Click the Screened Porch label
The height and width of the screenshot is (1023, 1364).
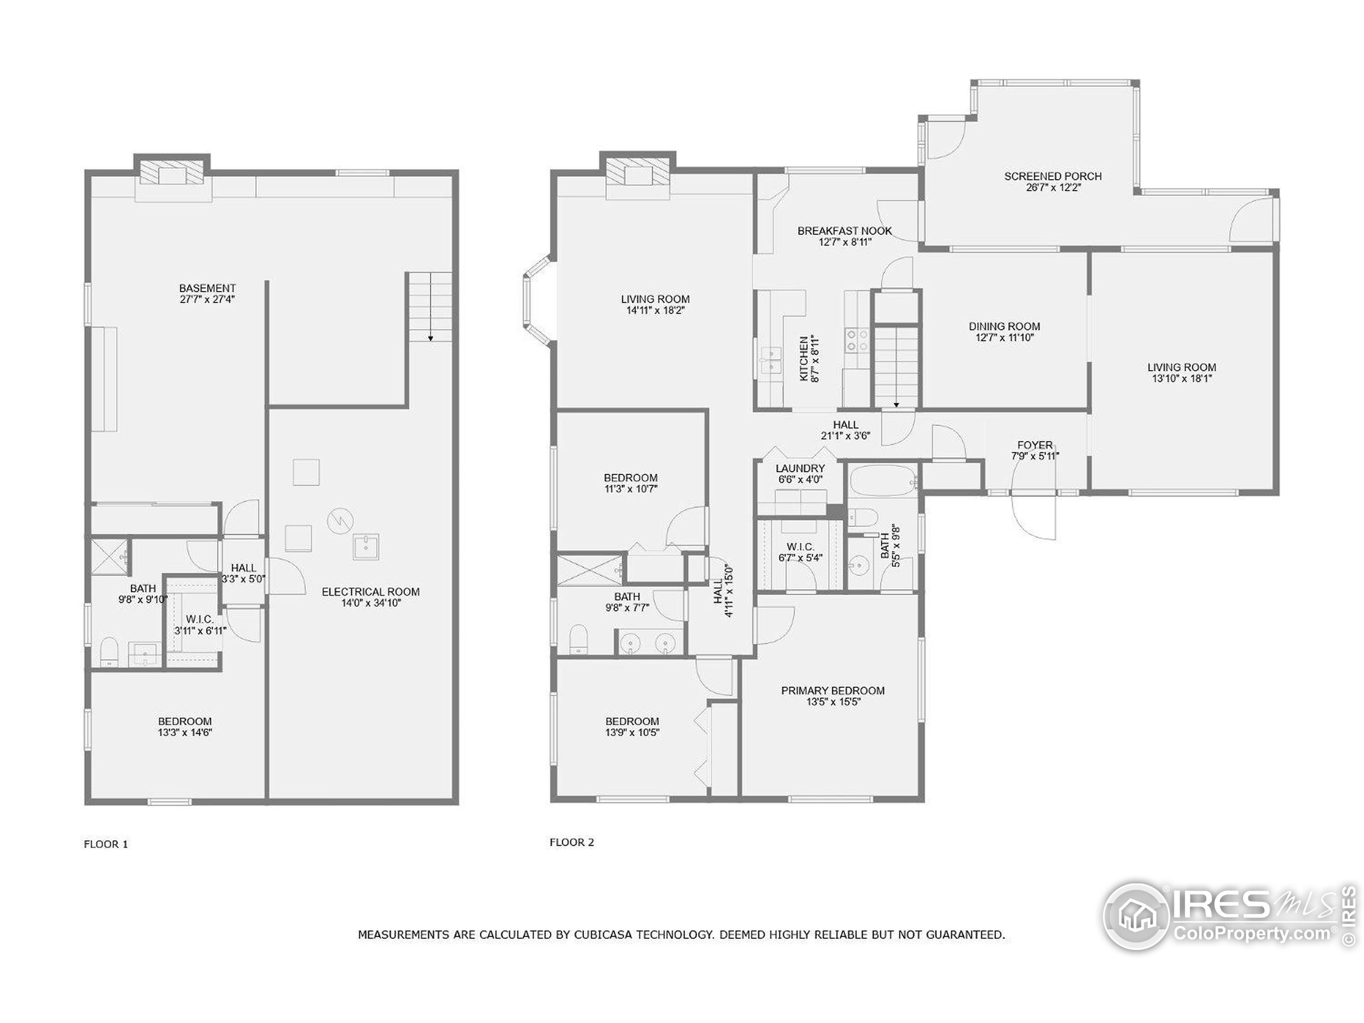(1053, 176)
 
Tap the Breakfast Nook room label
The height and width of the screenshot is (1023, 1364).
(844, 231)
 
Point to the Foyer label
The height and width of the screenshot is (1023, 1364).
(1035, 444)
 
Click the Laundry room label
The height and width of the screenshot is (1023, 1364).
(800, 468)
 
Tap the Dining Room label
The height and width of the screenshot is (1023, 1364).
(1004, 326)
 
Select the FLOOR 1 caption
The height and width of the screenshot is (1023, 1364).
(105, 844)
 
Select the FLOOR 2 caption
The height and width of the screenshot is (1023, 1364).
(572, 842)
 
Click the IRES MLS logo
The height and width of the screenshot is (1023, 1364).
(1227, 916)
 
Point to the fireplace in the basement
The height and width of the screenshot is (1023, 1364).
(172, 174)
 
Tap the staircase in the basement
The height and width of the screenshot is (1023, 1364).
(431, 306)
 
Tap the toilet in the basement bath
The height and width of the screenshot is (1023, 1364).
(109, 652)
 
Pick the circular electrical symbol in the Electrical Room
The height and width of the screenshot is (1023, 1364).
(337, 521)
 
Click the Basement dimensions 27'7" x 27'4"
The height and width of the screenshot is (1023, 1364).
(207, 299)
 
